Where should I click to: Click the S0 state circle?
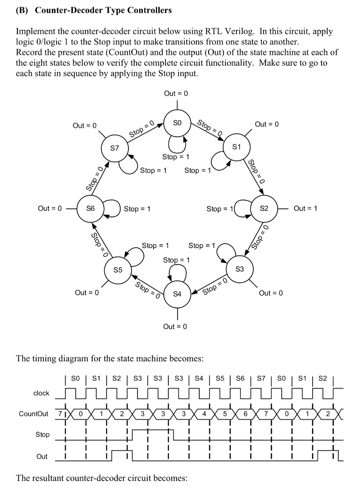(x=177, y=123)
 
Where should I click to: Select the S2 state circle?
(x=263, y=208)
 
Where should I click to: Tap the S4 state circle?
(x=177, y=294)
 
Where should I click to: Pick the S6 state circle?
(x=90, y=208)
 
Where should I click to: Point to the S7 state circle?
(x=114, y=149)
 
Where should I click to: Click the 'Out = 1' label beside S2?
(x=305, y=208)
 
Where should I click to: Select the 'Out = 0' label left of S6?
(x=50, y=208)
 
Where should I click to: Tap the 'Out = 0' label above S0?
(x=175, y=93)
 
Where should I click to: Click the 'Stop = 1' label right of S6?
(x=137, y=209)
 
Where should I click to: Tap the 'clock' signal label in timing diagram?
(x=41, y=393)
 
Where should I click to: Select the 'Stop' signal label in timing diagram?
(x=42, y=435)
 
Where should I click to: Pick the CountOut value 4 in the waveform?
(x=204, y=414)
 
